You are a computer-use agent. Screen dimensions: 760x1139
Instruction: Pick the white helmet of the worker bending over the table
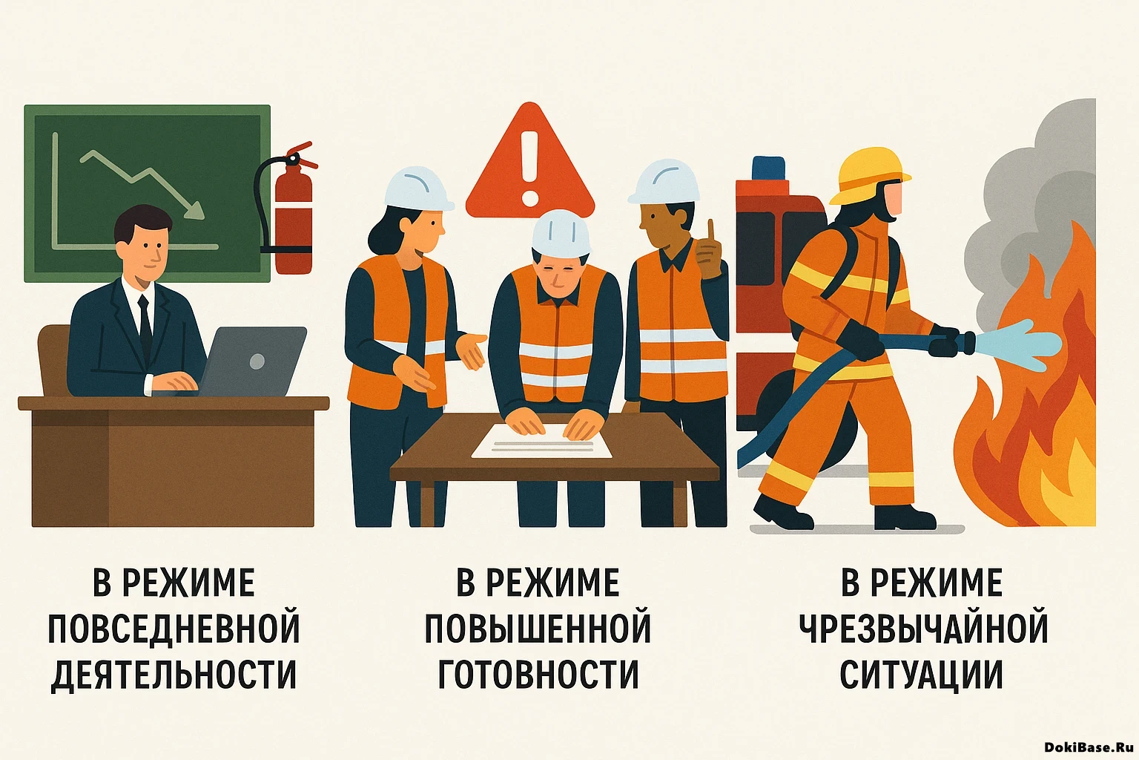(561, 233)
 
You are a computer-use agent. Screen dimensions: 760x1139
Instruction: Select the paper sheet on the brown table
(542, 444)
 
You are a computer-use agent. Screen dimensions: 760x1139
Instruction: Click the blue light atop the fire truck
(768, 168)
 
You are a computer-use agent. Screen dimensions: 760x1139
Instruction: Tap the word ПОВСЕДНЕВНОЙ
(174, 629)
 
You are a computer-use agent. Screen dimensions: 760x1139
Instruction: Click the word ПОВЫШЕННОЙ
(538, 629)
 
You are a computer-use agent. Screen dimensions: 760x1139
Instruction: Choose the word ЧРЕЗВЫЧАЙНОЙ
(923, 629)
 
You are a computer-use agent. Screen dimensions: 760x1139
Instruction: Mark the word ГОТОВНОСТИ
(538, 674)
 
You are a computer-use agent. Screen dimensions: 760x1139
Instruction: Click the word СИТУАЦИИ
(921, 674)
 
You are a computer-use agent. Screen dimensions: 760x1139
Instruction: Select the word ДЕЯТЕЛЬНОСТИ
(174, 674)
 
